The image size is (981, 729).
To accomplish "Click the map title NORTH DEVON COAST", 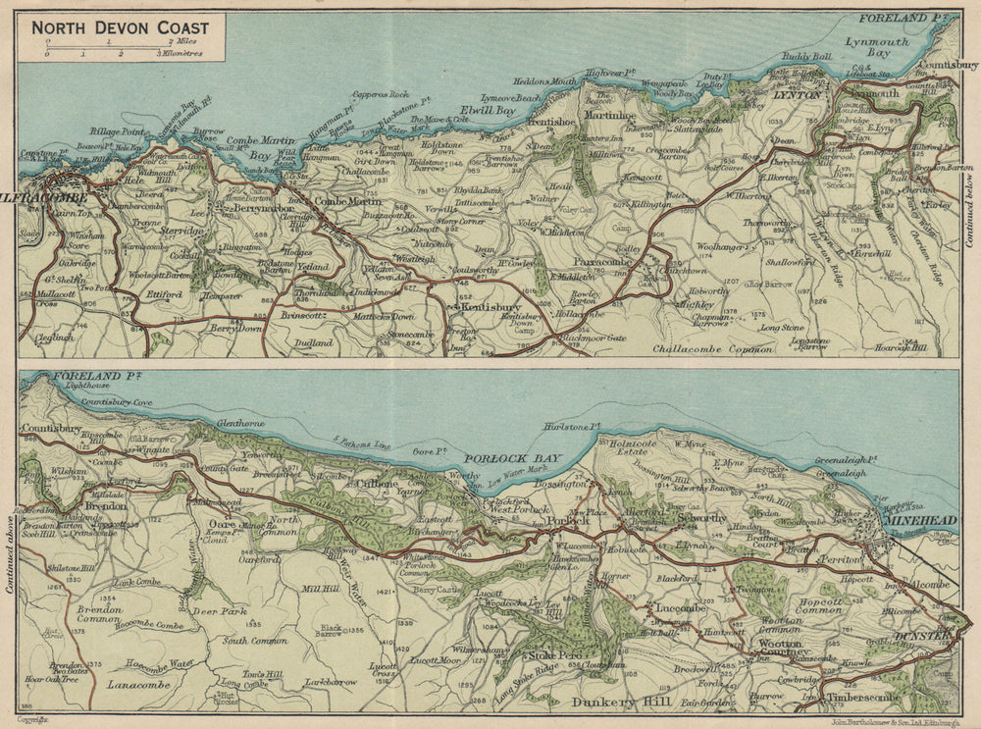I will click(x=120, y=27).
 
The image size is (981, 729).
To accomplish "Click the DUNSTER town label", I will click(x=920, y=636).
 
